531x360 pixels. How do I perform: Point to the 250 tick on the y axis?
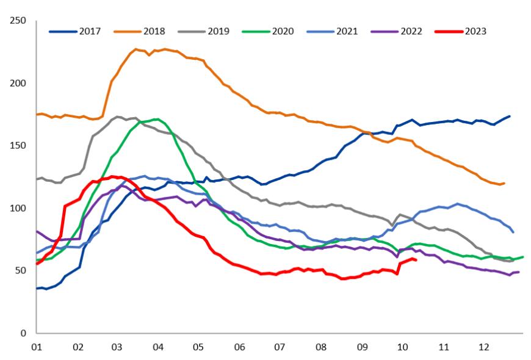click(18, 21)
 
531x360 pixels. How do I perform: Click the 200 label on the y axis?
click(18, 83)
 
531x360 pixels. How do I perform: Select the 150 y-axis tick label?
click(18, 146)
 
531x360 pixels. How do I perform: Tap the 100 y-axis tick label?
click(18, 208)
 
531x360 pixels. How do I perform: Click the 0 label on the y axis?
click(23, 333)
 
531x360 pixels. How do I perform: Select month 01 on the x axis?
click(37, 347)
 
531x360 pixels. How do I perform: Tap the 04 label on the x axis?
click(158, 347)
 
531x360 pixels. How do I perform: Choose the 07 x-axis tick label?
click(280, 347)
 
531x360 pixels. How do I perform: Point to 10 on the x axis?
click(402, 347)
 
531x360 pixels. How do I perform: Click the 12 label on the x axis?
click(483, 347)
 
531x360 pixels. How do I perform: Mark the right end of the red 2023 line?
click(416, 260)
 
